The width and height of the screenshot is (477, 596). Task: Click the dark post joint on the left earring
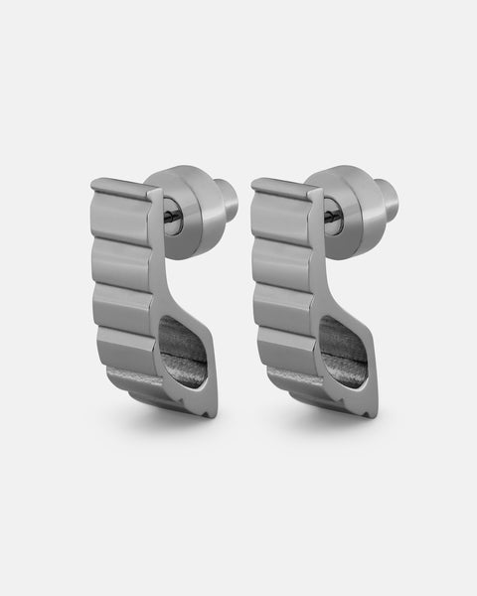point(171,219)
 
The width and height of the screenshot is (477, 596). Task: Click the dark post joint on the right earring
point(331,219)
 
